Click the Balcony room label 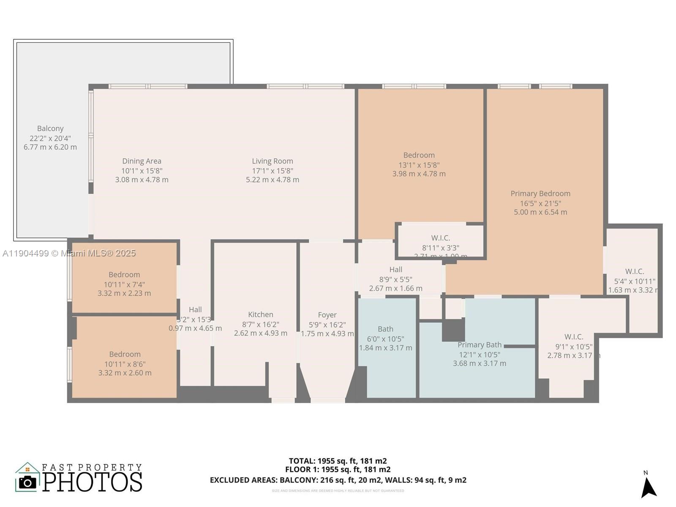[x=50, y=128]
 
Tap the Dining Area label [x=142, y=161]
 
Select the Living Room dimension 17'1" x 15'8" [x=272, y=171]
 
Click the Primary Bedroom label [x=540, y=194]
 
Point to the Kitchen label [x=260, y=314]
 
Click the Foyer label [x=327, y=315]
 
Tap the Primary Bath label [x=479, y=345]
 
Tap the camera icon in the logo [x=28, y=482]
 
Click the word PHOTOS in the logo [x=92, y=482]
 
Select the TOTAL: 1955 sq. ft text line [x=338, y=461]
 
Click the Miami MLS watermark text [x=69, y=253]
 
